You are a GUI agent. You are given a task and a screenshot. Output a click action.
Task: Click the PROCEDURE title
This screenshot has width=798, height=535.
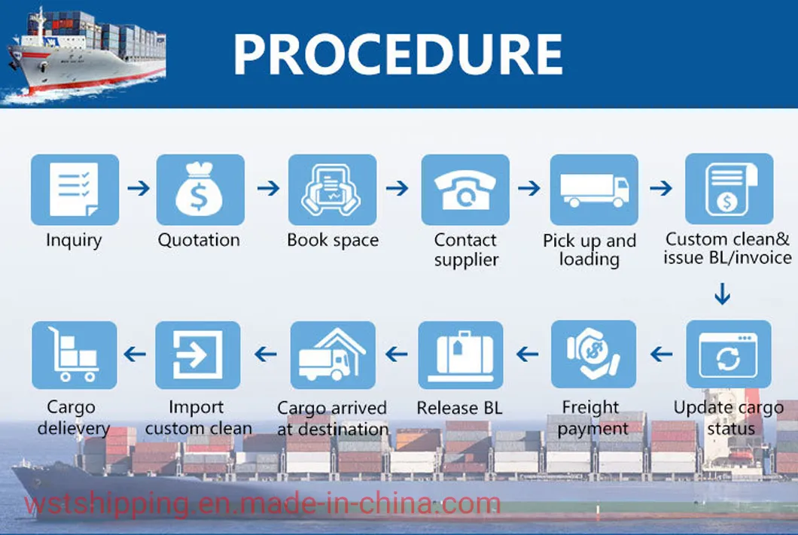(x=398, y=54)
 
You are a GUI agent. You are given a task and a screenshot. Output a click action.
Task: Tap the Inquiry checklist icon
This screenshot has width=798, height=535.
(x=75, y=190)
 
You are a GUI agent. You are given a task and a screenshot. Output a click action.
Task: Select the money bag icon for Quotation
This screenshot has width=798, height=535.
(x=200, y=190)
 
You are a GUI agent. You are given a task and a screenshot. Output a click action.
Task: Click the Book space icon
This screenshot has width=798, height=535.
(x=332, y=190)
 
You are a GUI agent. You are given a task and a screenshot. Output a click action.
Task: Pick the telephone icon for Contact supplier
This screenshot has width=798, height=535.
(x=465, y=190)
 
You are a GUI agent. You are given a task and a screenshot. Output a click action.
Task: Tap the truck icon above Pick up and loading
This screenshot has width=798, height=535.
(x=594, y=190)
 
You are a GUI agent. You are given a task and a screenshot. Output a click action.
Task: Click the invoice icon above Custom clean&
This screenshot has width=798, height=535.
(x=729, y=189)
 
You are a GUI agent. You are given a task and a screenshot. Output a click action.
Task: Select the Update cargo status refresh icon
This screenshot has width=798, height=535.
(x=729, y=354)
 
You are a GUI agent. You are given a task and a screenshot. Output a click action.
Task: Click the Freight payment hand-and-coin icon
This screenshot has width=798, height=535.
(x=593, y=354)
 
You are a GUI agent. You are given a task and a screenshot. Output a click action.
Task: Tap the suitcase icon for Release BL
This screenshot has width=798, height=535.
(x=461, y=355)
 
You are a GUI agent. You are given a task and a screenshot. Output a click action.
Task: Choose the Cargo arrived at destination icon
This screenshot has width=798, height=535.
(x=333, y=355)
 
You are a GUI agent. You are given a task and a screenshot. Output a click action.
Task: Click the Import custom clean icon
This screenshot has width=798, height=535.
(x=197, y=355)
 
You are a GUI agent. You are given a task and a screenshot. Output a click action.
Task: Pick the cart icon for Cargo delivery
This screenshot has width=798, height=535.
(x=75, y=355)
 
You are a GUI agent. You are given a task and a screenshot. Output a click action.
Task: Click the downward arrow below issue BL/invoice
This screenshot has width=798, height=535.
(x=723, y=294)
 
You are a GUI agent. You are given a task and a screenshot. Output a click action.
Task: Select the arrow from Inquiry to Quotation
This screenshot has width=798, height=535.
(x=139, y=188)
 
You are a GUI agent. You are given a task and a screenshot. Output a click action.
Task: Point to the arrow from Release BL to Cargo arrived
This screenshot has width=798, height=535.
(x=397, y=354)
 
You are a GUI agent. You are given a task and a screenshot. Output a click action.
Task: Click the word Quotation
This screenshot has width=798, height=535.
(x=199, y=240)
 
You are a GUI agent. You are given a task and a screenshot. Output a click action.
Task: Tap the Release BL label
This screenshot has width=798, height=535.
(x=459, y=408)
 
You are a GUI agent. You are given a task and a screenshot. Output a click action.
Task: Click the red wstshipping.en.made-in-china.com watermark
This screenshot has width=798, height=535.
(x=263, y=504)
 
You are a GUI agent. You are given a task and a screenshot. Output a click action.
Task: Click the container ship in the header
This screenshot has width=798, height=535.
(x=86, y=53)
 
